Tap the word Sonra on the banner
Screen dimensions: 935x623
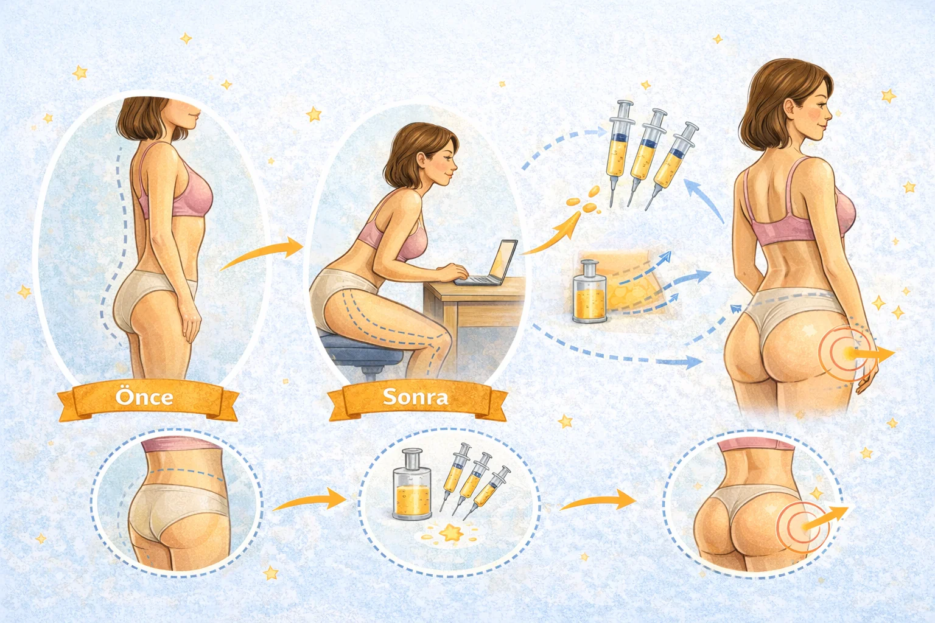point(415,397)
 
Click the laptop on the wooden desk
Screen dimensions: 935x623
point(488,263)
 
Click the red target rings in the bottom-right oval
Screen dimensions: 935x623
point(802,527)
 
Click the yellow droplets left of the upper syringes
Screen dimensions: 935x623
point(584,200)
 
